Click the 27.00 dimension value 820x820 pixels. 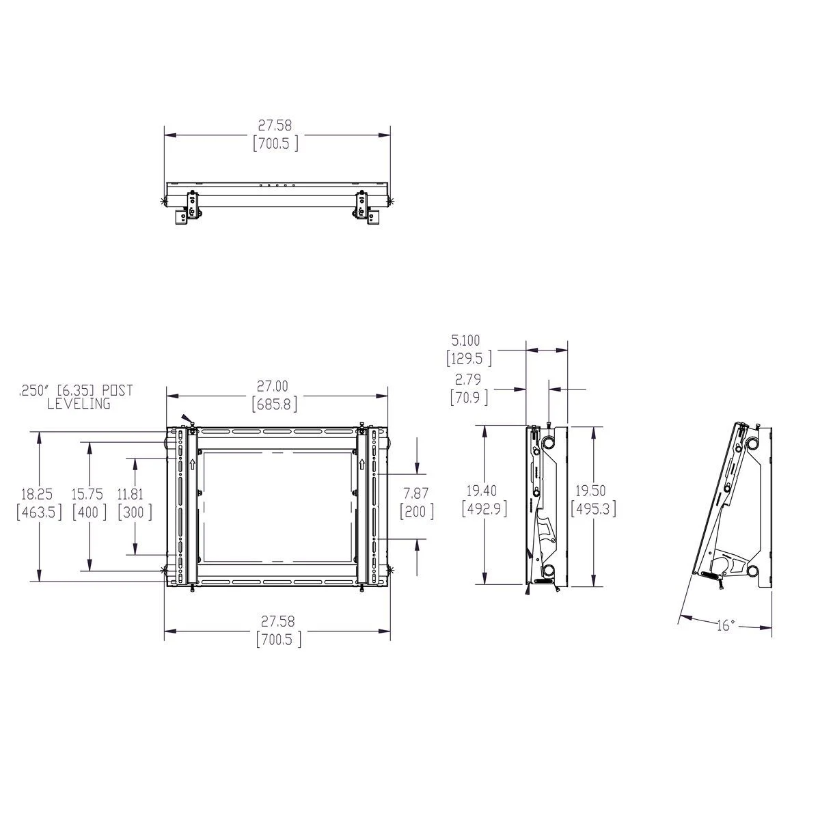[277, 387]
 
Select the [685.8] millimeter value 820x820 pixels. [277, 405]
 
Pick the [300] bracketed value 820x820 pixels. [135, 512]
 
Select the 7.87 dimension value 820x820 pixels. [416, 494]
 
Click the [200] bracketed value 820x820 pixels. [416, 512]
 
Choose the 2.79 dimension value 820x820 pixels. [468, 379]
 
